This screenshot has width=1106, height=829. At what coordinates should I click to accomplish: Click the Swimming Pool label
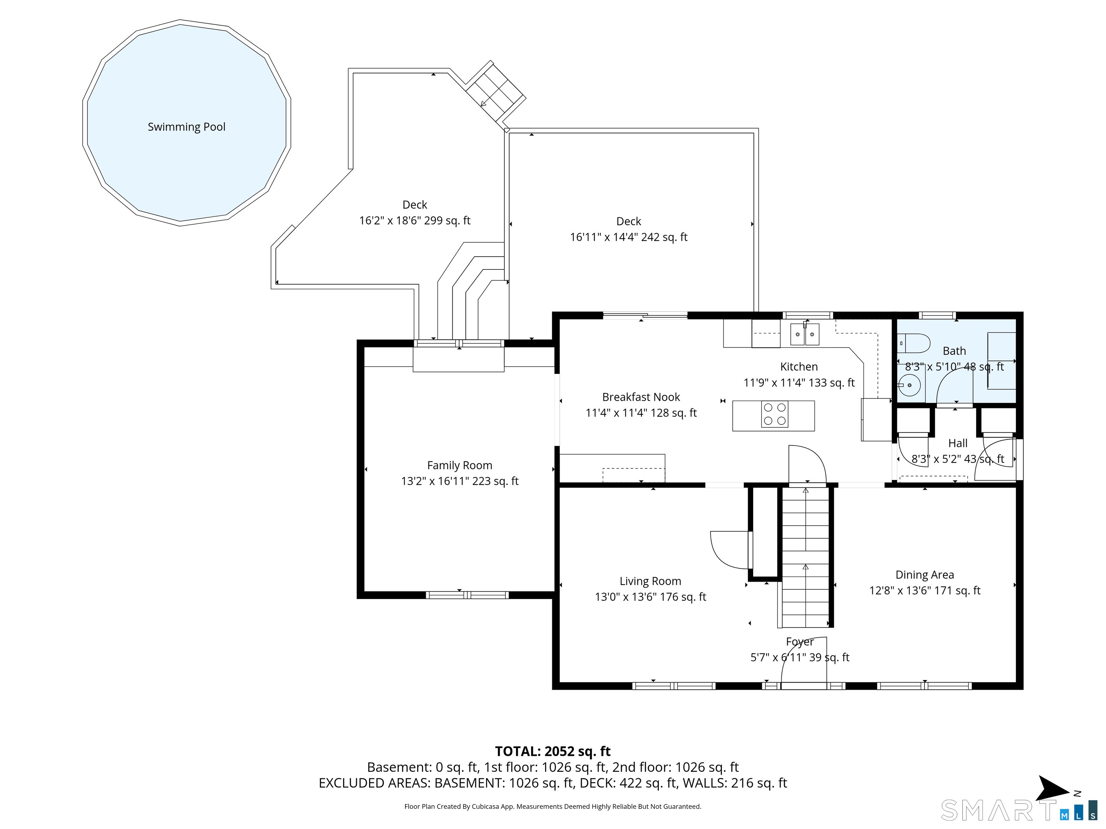pos(186,127)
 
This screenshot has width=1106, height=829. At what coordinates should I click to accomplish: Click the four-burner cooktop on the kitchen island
pos(774,414)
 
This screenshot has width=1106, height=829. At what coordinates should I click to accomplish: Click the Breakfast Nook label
pos(641,397)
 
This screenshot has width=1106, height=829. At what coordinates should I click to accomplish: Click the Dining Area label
pos(925,575)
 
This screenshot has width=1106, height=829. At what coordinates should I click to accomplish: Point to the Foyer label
pos(800,642)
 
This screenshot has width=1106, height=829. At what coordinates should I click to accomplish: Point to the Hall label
pos(958,443)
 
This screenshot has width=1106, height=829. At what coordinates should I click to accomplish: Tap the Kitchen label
pos(799,367)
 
